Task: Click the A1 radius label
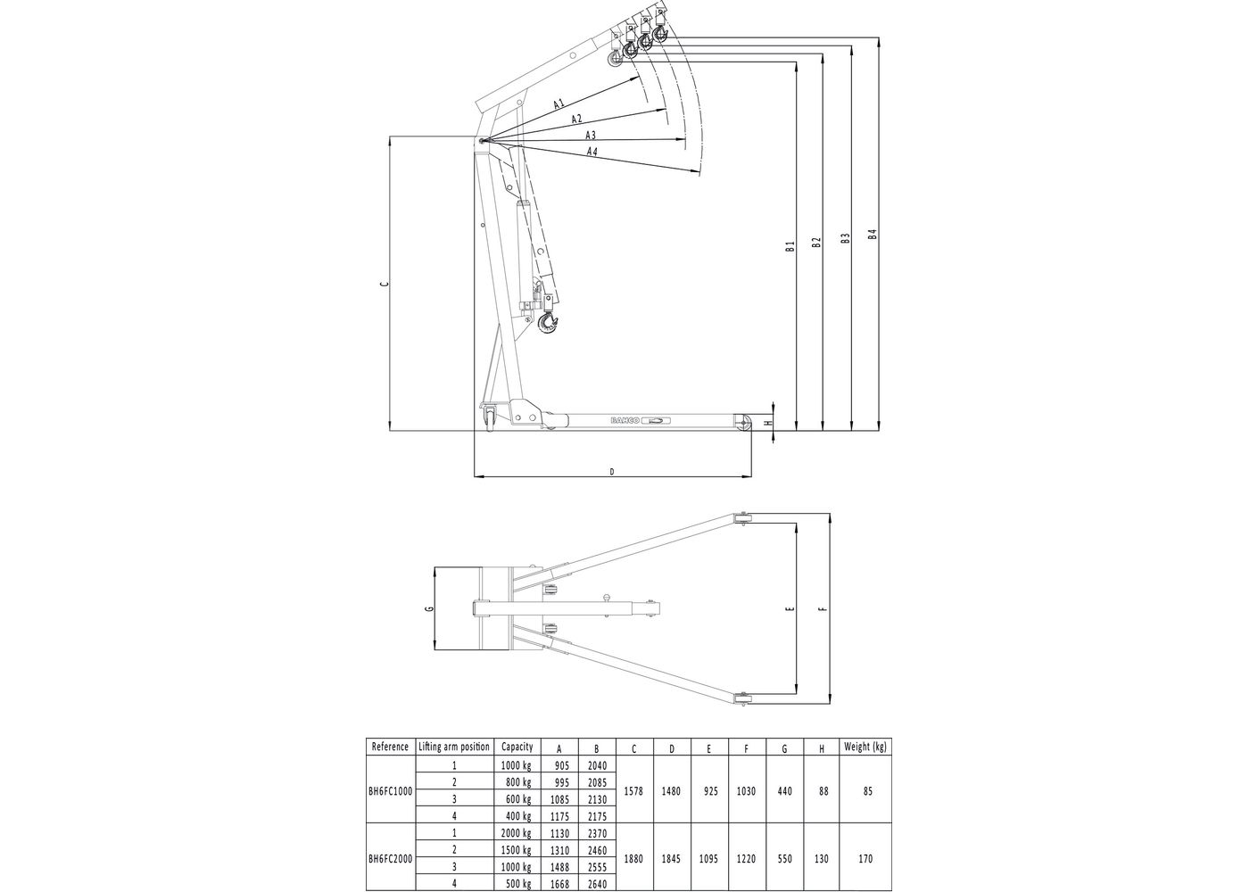click(559, 103)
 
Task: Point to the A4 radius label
click(592, 151)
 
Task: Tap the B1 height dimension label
click(790, 246)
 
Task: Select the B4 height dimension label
click(873, 235)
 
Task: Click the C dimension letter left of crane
click(385, 284)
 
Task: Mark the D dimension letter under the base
click(612, 472)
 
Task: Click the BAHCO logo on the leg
click(625, 420)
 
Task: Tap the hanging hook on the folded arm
click(548, 324)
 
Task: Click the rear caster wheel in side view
click(492, 419)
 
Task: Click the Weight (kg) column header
click(865, 747)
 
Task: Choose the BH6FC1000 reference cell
click(390, 791)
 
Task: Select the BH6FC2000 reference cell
click(390, 858)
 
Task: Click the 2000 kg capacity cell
click(517, 833)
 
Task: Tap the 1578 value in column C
click(634, 791)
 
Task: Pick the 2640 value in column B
click(597, 884)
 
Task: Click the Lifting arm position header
click(454, 747)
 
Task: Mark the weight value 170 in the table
click(865, 858)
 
